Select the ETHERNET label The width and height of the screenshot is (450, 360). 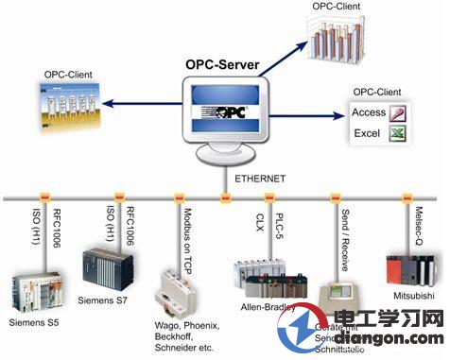pos(262,177)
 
